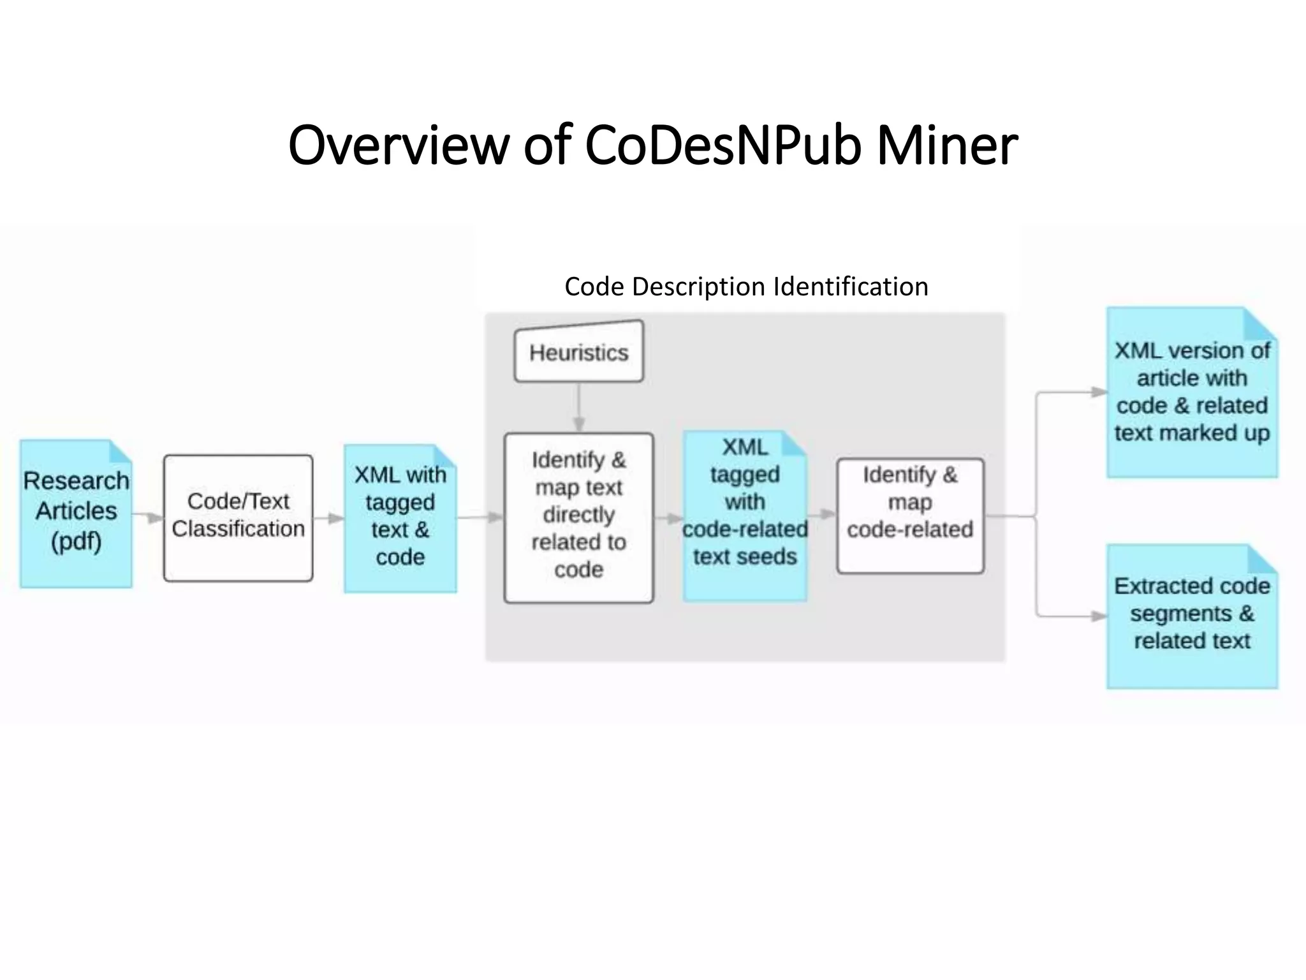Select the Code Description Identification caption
746,286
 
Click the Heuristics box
579,352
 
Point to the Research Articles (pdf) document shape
76,514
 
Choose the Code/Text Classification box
238,517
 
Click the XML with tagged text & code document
400,518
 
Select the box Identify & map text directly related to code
578,517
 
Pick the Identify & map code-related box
910,516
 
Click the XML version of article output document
1191,392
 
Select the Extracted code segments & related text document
1191,616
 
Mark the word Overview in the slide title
398,145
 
